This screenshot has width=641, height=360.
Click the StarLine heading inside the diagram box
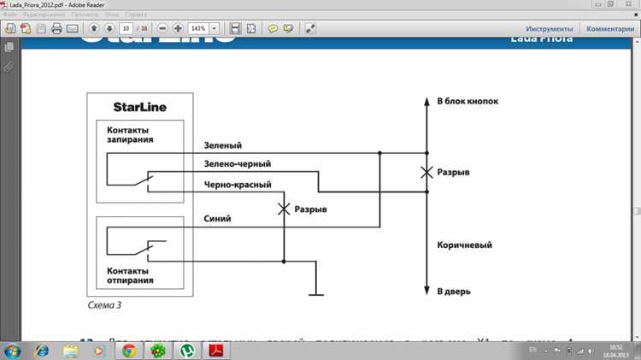coord(139,107)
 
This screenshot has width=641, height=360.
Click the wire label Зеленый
coord(223,145)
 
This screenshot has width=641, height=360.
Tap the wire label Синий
coord(217,220)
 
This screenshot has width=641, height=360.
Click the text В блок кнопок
coord(467,101)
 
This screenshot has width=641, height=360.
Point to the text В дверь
coord(453,292)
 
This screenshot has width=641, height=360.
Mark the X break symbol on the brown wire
coord(426,173)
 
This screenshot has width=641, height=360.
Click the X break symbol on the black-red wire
coord(283,210)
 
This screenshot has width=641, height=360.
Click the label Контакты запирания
coord(130,134)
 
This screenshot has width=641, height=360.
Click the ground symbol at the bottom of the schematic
coord(317,295)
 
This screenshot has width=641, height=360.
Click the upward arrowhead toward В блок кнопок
coord(426,101)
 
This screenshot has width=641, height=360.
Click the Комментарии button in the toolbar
coord(610,28)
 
